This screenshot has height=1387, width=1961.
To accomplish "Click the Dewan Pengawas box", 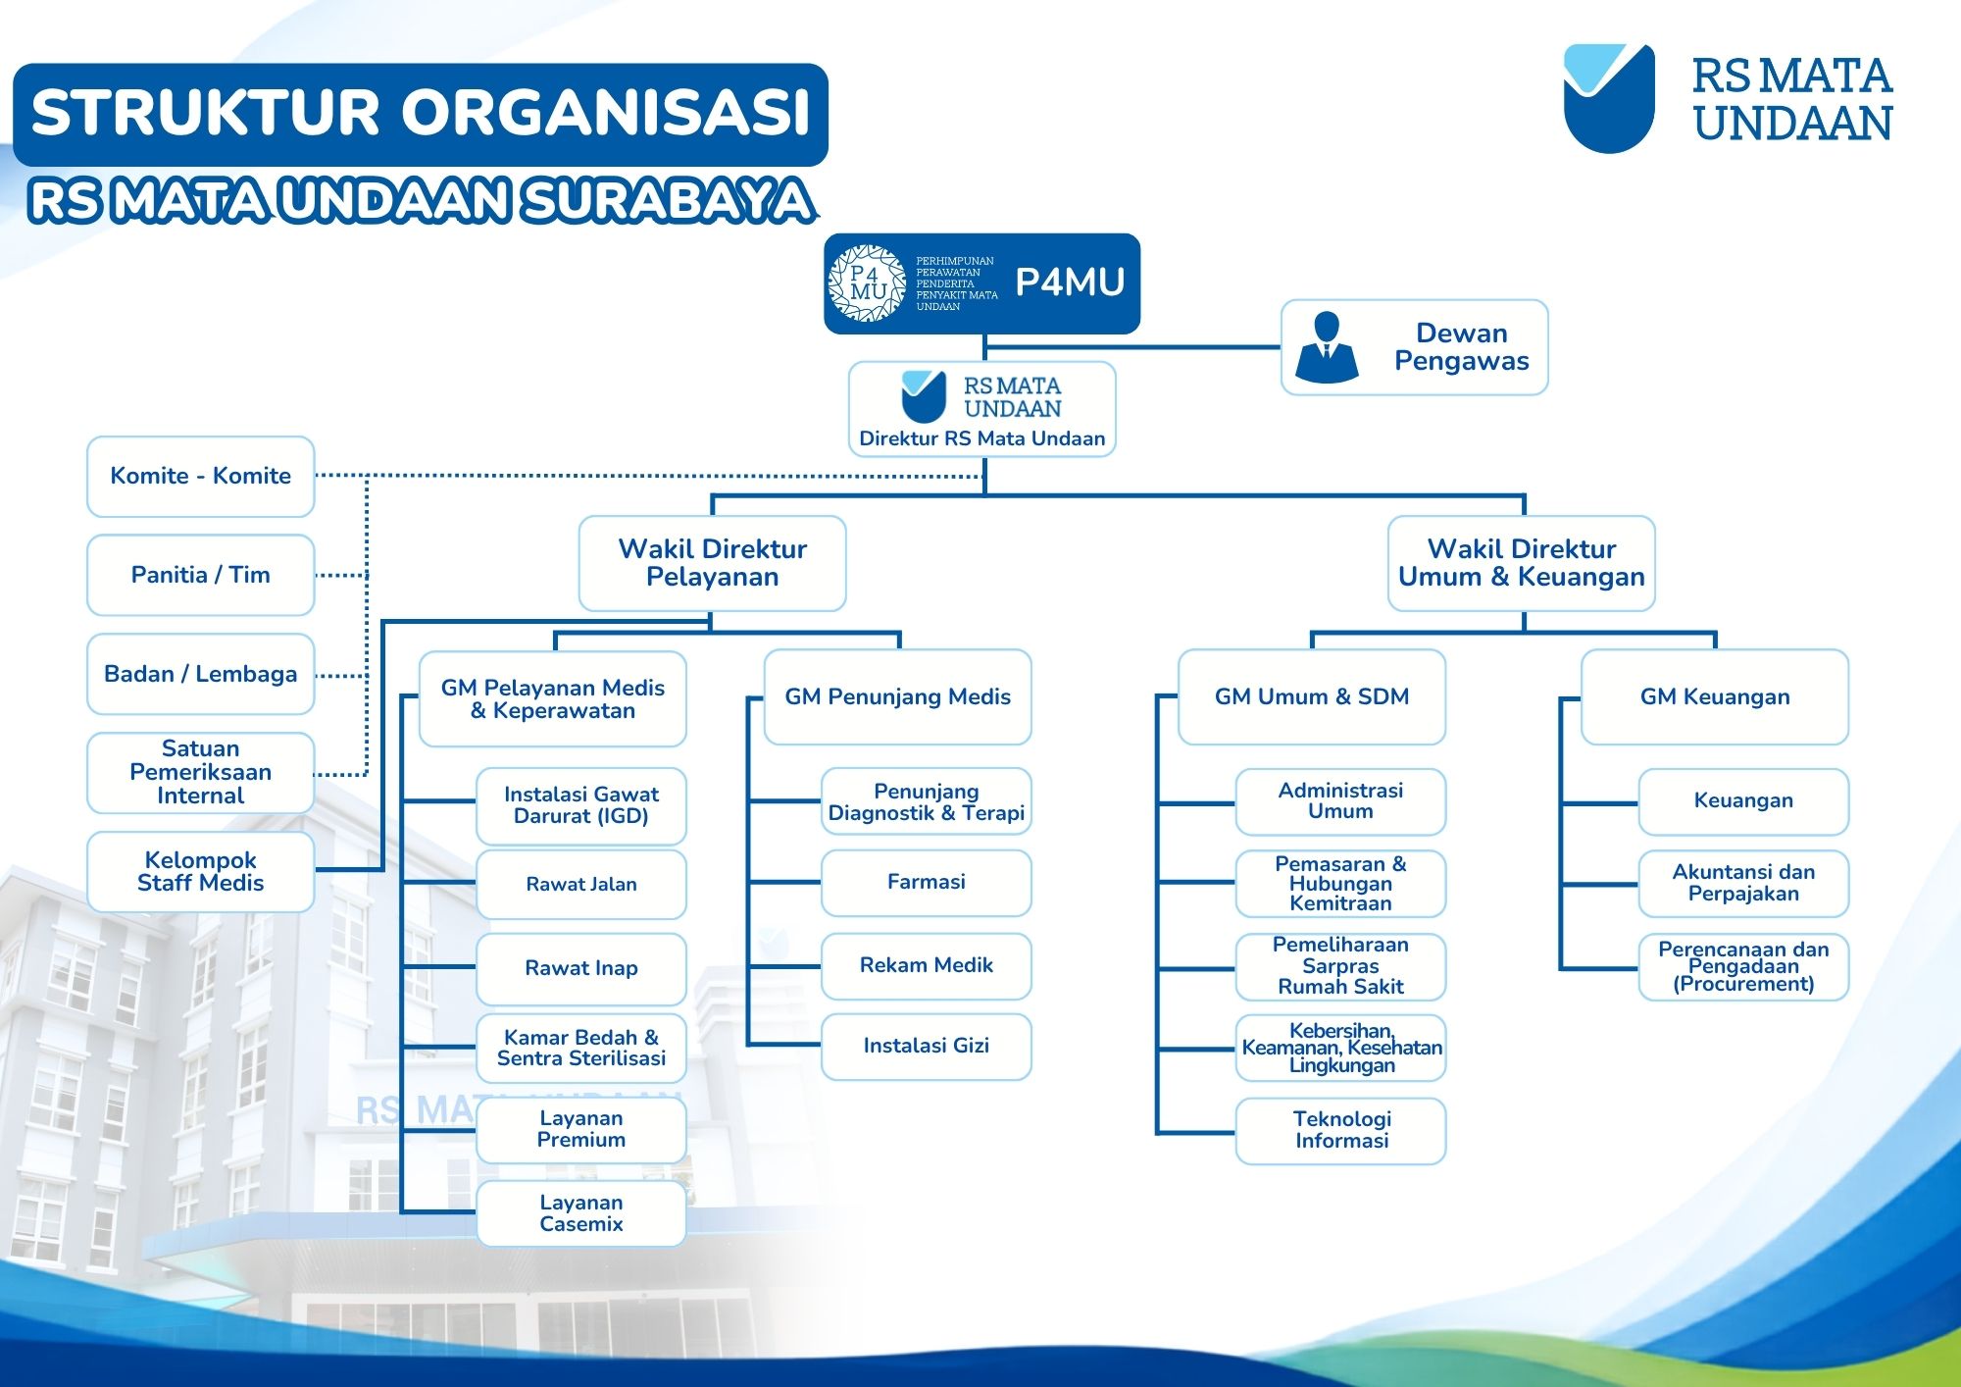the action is (x=1414, y=347).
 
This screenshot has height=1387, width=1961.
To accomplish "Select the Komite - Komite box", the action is (x=201, y=477).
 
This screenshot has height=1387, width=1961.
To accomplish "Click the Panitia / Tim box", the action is (x=201, y=575).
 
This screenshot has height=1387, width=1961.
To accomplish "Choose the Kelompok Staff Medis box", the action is (x=201, y=871).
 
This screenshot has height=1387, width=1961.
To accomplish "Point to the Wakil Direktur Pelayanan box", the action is (x=712, y=563).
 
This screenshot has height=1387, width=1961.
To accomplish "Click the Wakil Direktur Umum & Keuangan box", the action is (x=1522, y=563).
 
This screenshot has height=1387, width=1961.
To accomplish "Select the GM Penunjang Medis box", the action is (x=898, y=696).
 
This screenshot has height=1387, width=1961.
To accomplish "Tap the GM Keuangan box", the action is (x=1715, y=696).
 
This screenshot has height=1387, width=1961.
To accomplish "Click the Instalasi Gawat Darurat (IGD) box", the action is (x=581, y=805).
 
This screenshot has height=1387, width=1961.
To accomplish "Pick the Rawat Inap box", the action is (x=581, y=968).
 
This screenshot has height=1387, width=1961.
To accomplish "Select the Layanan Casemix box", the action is (x=581, y=1213).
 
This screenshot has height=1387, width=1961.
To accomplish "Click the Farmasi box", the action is (x=927, y=883).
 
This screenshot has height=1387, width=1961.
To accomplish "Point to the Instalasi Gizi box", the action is (x=927, y=1047).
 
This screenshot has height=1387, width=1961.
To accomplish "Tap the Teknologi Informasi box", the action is (x=1341, y=1131).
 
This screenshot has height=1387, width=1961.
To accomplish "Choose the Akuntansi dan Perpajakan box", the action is (x=1744, y=884).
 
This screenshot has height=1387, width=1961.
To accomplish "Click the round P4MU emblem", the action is (x=867, y=283).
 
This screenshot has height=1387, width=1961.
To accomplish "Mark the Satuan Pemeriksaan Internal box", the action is (x=201, y=773).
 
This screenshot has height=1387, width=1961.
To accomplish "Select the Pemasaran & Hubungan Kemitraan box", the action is (x=1341, y=884).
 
